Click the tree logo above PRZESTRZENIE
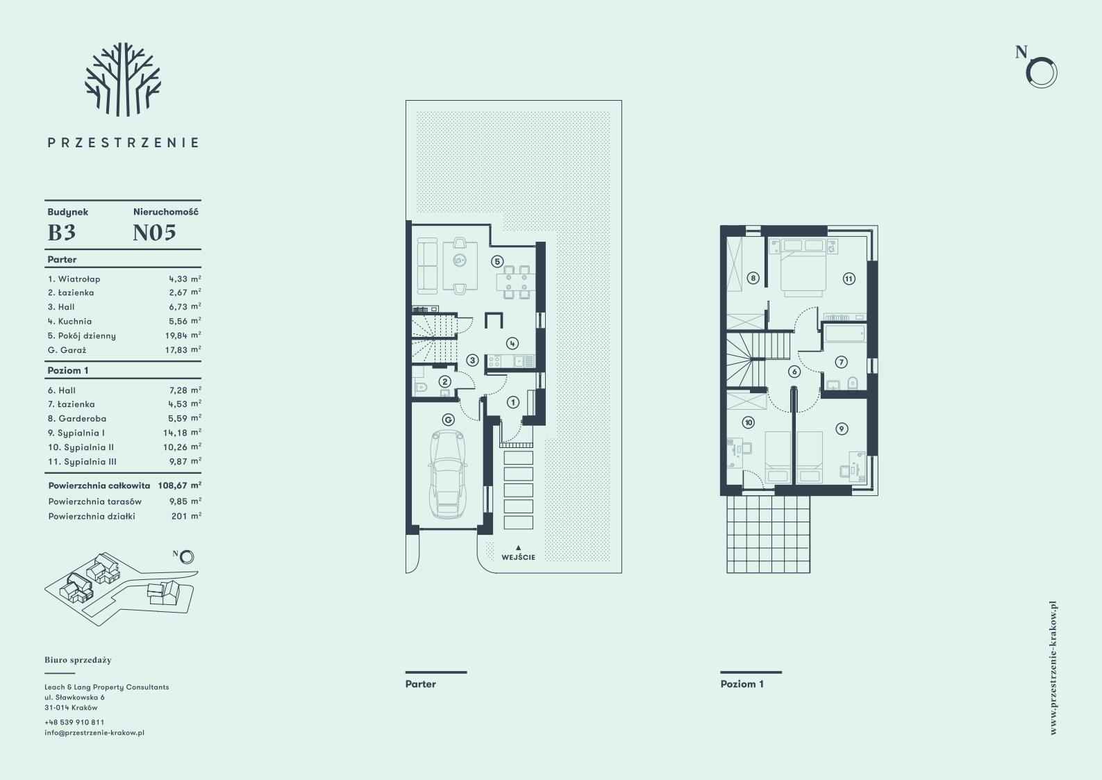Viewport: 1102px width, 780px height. click(x=123, y=79)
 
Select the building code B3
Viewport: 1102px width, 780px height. click(x=62, y=233)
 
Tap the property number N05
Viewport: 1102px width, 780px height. click(x=154, y=233)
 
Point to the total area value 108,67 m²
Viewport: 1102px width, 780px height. click(x=180, y=486)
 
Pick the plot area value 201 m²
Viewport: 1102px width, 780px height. click(x=187, y=516)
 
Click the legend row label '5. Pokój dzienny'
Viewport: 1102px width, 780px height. click(x=82, y=335)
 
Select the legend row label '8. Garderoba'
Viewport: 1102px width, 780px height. click(x=77, y=419)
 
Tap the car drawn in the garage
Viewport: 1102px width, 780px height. click(x=448, y=474)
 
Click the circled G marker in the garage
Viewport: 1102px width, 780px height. click(x=448, y=420)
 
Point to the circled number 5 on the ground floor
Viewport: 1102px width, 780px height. click(x=497, y=261)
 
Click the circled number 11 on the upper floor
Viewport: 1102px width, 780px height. click(x=849, y=279)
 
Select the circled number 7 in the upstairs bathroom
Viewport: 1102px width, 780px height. click(x=842, y=362)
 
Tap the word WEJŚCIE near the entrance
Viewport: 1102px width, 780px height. click(x=518, y=557)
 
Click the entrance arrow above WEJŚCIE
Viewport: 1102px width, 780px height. click(x=518, y=547)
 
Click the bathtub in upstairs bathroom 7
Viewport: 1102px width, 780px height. click(x=845, y=333)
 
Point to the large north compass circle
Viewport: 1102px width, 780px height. click(x=1042, y=73)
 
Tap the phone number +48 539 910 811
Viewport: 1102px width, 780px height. click(x=74, y=722)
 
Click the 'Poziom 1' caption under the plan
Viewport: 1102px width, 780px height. click(x=742, y=684)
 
